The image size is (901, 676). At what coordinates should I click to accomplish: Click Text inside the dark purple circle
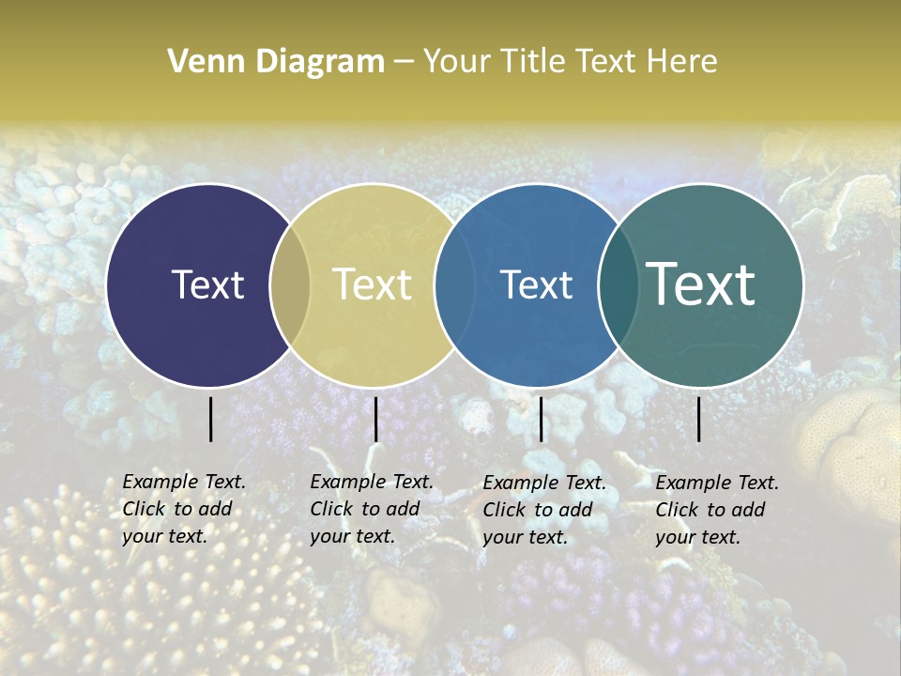[x=207, y=284]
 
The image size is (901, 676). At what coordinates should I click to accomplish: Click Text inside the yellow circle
[x=373, y=284]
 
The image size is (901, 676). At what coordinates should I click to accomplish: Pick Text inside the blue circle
[x=537, y=284]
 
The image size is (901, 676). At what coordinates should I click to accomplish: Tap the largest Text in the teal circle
[x=701, y=284]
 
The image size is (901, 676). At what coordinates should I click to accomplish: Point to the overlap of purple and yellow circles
[x=290, y=285]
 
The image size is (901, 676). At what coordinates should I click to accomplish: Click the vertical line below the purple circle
[x=210, y=419]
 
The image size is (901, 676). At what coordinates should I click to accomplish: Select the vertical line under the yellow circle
[x=375, y=419]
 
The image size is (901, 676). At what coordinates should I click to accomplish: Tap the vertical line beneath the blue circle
[x=541, y=419]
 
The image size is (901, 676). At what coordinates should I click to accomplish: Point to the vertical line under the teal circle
[x=699, y=419]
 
